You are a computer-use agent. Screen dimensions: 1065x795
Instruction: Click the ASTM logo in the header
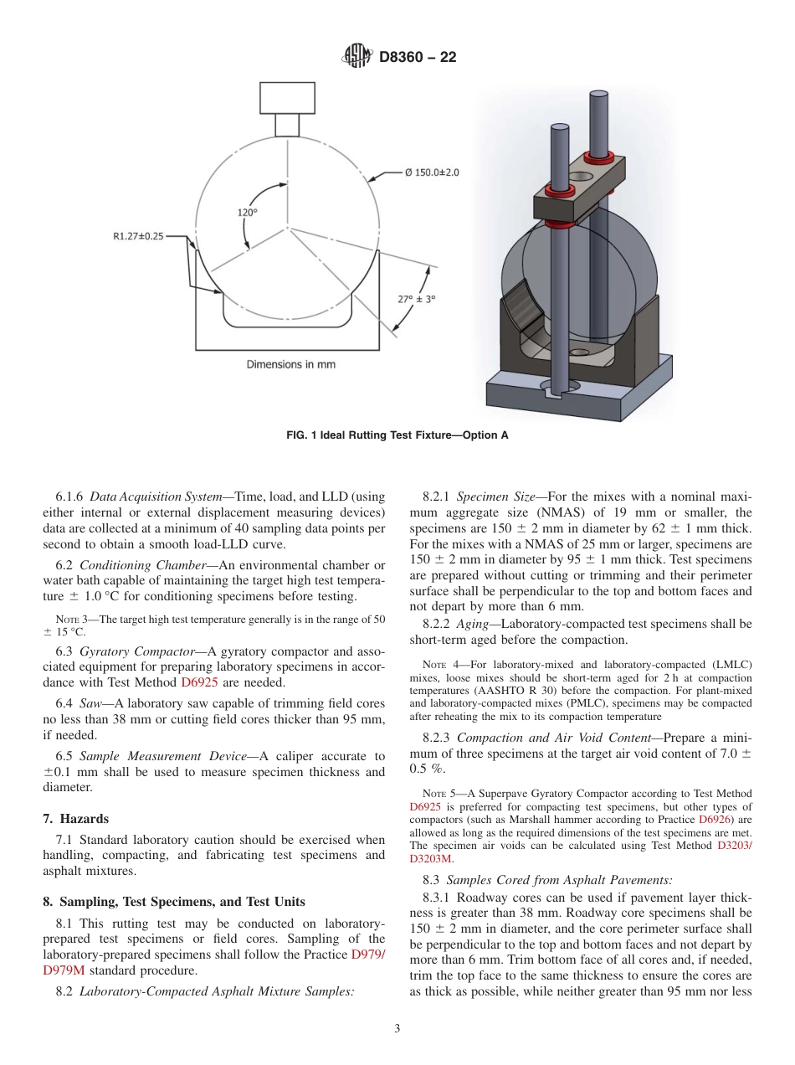[x=356, y=57]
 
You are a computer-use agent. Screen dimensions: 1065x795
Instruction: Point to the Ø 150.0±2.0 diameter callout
[x=432, y=172]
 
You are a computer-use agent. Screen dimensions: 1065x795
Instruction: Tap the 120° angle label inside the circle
[x=247, y=213]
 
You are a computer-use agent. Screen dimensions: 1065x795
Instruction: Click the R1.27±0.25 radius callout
[x=139, y=236]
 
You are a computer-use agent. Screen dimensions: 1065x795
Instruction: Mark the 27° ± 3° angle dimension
[x=417, y=298]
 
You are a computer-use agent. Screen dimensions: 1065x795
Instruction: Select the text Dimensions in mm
[x=290, y=364]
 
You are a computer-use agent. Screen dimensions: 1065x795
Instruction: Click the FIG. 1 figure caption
[x=397, y=435]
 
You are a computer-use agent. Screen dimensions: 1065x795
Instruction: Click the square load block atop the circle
[x=287, y=98]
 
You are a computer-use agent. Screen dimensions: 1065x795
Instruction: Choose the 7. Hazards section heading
[x=75, y=818]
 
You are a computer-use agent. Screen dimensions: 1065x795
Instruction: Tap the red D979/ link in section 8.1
[x=368, y=954]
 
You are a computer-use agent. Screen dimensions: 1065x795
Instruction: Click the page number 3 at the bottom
[x=397, y=1029]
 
